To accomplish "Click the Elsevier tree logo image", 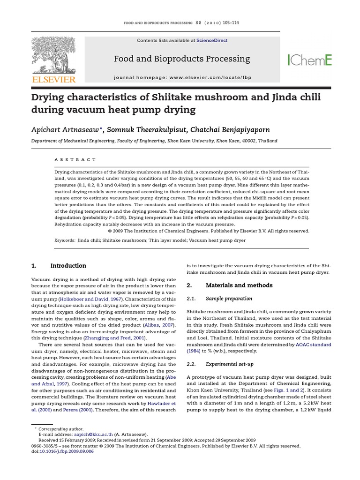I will tap(53, 55).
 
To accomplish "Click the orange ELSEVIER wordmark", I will tap(53, 80).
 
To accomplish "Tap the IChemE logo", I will tap(309, 60).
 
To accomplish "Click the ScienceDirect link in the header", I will tap(212, 41).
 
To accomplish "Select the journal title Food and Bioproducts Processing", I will tap(182, 59).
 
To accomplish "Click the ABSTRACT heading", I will tap(75, 160).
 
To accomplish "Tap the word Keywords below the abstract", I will tap(65, 240).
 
